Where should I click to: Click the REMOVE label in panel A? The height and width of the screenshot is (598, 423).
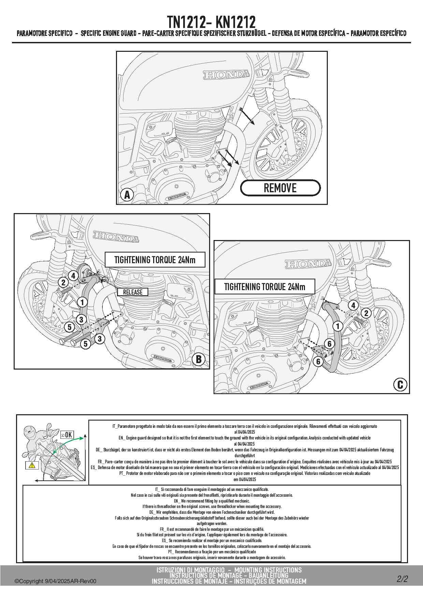point(280,188)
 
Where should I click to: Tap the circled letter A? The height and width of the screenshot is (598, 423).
point(127,195)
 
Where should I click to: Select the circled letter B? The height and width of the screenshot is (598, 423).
point(198,359)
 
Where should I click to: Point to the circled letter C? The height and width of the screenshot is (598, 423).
point(400,385)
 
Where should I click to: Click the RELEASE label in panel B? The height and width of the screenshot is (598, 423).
point(133,292)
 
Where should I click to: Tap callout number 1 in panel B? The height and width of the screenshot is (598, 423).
point(82,302)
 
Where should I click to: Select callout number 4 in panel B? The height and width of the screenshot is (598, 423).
point(73,275)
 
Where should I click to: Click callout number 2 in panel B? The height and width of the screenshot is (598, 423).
point(63,282)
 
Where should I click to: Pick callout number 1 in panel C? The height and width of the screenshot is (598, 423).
point(338,326)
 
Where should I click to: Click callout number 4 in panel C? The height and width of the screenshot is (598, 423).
point(353,305)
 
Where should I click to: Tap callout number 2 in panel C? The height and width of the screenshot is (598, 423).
point(366,313)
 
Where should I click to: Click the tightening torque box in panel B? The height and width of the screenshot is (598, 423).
point(155,260)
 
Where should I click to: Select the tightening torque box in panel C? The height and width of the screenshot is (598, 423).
point(264,287)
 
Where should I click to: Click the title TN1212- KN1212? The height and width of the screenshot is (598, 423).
point(211,23)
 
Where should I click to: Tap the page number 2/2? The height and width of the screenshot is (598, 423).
point(402,579)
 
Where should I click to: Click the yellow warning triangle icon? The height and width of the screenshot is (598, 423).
point(32,465)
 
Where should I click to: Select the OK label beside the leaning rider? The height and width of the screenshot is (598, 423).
point(67,435)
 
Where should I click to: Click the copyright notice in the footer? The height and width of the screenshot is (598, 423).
point(55,581)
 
